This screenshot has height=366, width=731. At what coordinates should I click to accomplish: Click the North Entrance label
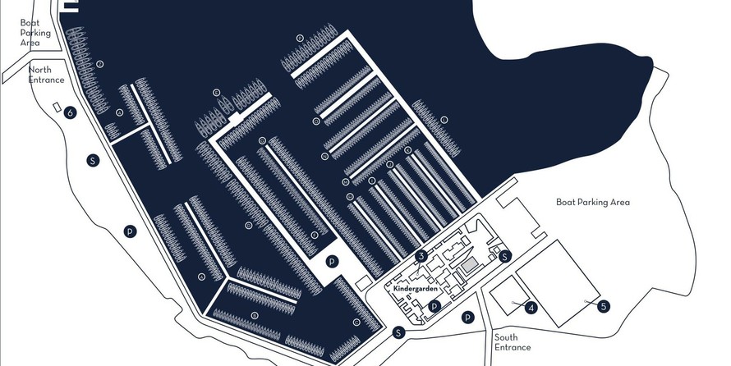coord(47,75)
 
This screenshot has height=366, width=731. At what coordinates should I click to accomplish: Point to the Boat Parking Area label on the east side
coord(592,202)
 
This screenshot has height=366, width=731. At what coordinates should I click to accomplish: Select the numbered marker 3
coord(421,257)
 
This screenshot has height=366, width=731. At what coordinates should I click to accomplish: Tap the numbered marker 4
coord(531,309)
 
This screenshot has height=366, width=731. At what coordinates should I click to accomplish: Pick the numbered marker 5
coord(604,306)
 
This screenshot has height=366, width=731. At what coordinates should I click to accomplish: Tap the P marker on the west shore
coord(130,232)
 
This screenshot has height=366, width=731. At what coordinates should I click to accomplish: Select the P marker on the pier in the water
coord(332,262)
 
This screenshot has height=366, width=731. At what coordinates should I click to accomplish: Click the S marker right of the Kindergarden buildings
coord(506,257)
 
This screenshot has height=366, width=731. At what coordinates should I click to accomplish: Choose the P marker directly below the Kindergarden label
coord(435,306)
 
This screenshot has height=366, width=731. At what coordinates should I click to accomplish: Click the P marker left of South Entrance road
coord(467,318)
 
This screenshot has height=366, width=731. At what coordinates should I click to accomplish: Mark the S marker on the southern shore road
coord(398,332)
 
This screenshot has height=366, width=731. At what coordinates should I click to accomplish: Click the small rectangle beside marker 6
coord(56,108)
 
